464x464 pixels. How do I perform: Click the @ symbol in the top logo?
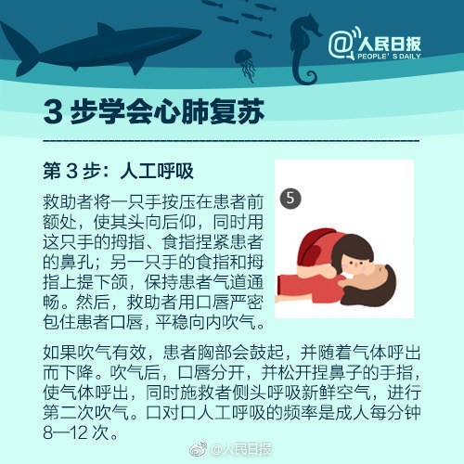coord(341,45)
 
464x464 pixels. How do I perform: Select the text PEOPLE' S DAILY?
coord(389,57)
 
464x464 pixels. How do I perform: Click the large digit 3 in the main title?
coord(53,112)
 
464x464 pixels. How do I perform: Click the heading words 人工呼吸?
coord(157,171)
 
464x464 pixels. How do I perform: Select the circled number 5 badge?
coord(290,198)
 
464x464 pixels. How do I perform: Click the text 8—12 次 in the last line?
coord(81,432)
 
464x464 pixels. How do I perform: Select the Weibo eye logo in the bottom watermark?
coord(198,449)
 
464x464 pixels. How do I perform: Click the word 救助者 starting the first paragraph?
coord(68,202)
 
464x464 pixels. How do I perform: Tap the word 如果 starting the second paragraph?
coord(59,353)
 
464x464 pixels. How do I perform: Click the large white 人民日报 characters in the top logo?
coord(389,45)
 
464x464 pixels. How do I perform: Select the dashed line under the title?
coord(231,141)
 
